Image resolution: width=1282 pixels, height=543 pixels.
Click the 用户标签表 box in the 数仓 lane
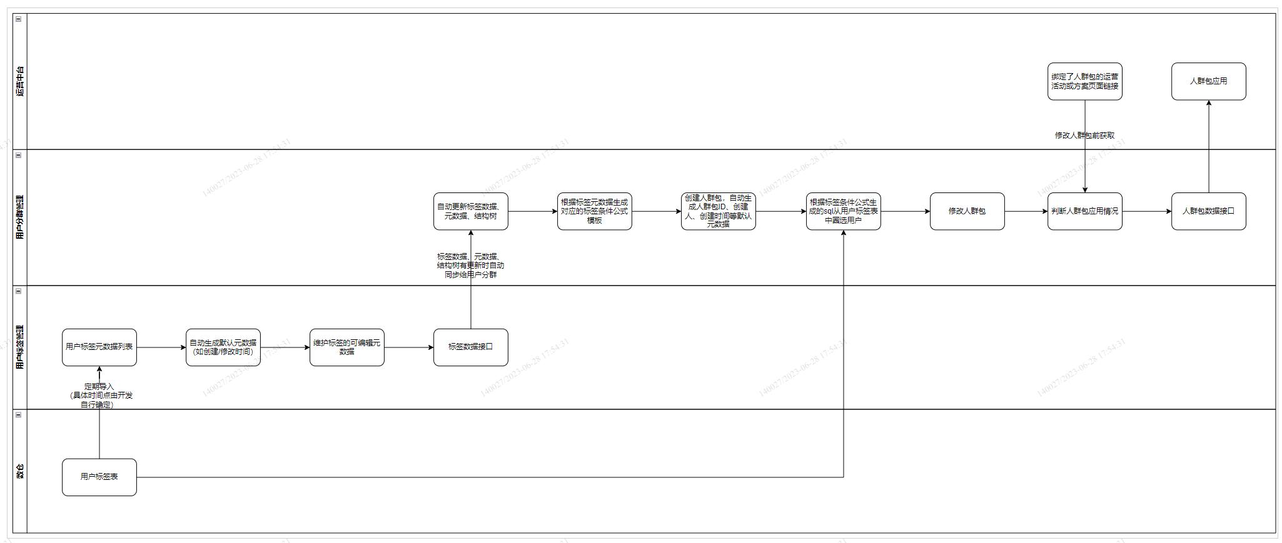click(99, 477)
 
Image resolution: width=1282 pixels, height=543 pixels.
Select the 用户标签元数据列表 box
click(99, 347)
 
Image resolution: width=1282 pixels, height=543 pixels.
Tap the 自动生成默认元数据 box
click(223, 347)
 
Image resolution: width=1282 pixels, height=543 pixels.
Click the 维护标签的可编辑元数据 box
click(346, 347)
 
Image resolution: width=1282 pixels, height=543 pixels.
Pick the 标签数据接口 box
click(470, 347)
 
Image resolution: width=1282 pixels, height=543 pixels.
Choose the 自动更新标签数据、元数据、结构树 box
click(470, 211)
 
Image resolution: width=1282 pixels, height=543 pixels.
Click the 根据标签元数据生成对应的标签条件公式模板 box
click(594, 211)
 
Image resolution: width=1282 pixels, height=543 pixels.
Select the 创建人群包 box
click(718, 211)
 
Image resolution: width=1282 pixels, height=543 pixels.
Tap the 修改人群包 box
click(967, 211)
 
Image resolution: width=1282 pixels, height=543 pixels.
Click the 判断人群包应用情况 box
click(1084, 211)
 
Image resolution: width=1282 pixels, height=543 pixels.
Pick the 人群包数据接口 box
click(1208, 211)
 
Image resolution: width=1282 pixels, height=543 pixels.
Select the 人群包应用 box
click(1208, 81)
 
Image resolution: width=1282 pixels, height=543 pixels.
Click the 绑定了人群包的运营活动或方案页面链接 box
click(1084, 81)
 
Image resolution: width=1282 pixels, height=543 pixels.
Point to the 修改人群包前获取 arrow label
click(1084, 135)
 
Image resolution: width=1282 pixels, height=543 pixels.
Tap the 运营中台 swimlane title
click(20, 81)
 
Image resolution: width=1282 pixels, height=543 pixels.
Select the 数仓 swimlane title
click(20, 471)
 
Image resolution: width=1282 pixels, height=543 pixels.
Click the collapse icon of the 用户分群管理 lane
click(18, 155)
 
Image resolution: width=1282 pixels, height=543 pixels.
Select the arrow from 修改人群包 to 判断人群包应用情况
click(1026, 211)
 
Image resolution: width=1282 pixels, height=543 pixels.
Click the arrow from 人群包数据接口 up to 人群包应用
click(1208, 147)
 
